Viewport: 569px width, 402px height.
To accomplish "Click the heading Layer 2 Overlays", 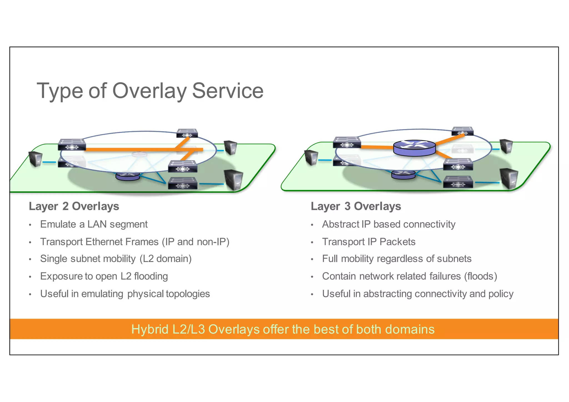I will [74, 206].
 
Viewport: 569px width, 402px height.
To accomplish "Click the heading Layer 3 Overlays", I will [356, 206].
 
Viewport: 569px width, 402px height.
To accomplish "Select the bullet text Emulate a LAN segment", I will [94, 224].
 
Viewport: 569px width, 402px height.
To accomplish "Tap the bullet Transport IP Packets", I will [368, 242].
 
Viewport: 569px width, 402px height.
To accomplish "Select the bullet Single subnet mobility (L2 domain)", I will [116, 259].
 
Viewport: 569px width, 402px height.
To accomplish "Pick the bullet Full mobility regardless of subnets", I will [396, 259].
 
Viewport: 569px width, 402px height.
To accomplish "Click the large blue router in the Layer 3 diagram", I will [414, 148].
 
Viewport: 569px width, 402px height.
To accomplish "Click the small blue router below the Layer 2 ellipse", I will [128, 176].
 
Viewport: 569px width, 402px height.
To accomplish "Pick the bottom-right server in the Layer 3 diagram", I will [509, 178].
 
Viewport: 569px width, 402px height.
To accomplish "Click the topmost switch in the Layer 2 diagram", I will [187, 133].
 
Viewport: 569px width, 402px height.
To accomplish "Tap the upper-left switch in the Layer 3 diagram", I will [347, 142].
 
